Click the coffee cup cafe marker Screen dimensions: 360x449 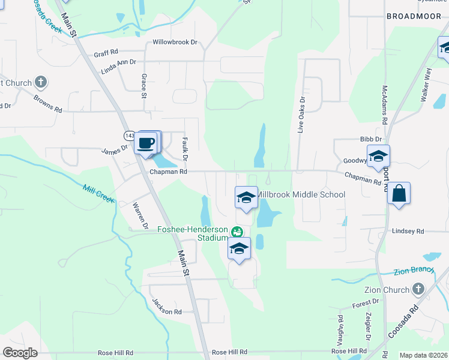pyautogui.click(x=147, y=143)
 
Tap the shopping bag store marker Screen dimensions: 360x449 pyautogui.click(x=399, y=194)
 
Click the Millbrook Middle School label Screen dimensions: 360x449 pyautogui.click(x=301, y=194)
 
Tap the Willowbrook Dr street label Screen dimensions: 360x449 pyautogui.click(x=175, y=42)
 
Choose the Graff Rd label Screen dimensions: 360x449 pyautogui.click(x=106, y=53)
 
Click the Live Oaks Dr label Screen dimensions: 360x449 pyautogui.click(x=302, y=114)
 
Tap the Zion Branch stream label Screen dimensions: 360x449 pyautogui.click(x=414, y=271)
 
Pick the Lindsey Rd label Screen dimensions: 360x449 pyautogui.click(x=408, y=231)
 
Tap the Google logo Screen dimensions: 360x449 pyautogui.click(x=20, y=353)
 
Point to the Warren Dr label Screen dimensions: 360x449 pyautogui.click(x=140, y=215)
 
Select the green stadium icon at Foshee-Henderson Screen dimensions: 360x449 pyautogui.click(x=237, y=231)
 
